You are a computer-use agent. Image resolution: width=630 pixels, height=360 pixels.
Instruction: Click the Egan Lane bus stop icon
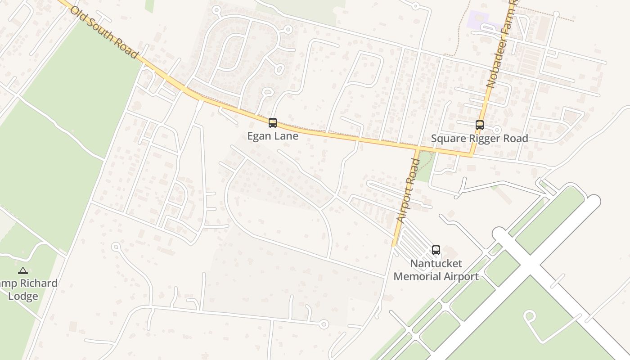272,122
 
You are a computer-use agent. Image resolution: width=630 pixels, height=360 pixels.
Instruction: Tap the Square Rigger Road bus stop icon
480,125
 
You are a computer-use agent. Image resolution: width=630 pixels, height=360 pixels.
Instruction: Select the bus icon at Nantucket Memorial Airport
436,250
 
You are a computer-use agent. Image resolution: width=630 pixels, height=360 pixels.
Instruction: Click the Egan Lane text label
273,136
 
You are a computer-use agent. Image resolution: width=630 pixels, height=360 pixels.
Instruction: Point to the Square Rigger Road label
479,139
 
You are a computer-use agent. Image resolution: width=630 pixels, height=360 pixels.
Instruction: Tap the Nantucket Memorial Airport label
436,270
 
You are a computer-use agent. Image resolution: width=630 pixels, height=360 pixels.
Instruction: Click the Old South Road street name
103,31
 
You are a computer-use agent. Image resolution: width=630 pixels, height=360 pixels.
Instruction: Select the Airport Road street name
408,189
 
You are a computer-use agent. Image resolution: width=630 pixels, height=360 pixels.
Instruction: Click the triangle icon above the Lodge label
23,271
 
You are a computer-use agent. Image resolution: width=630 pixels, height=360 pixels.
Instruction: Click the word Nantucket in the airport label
436,263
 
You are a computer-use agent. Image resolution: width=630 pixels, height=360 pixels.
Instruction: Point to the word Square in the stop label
448,139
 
